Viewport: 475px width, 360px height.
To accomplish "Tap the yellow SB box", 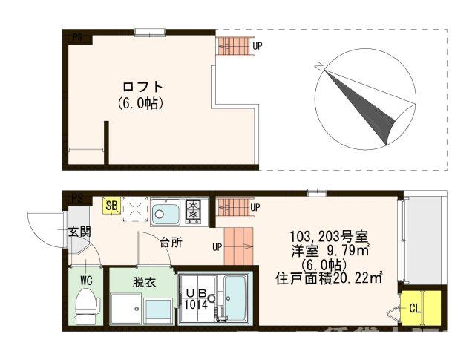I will (111, 205).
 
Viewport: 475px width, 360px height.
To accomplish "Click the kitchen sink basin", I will (166, 214).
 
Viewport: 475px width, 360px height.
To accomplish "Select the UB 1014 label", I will (197, 298).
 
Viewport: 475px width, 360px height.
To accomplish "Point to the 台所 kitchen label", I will (171, 242).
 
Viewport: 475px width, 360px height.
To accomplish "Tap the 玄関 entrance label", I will (80, 232).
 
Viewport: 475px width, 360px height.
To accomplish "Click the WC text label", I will (86, 281).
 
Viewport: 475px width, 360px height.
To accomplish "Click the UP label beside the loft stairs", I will (257, 46).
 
